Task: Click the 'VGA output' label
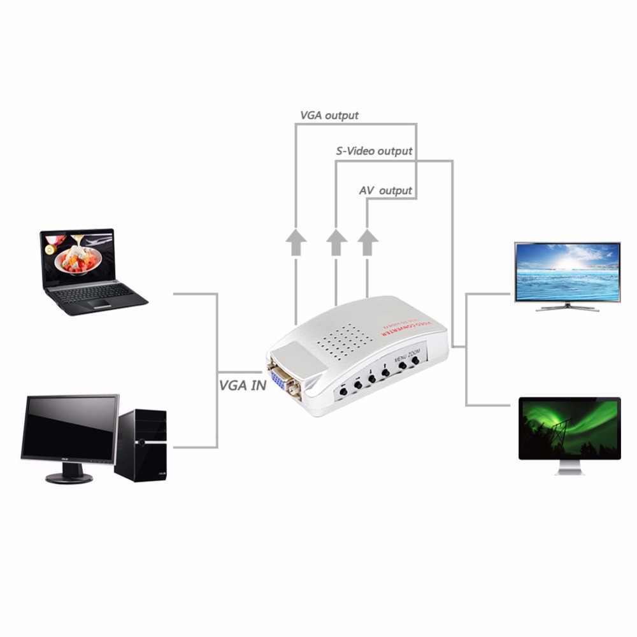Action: [329, 115]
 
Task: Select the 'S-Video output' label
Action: [374, 152]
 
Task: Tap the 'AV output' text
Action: [385, 190]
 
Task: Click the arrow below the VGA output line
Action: [296, 243]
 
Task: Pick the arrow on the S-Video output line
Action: [336, 243]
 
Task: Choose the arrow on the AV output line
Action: [367, 243]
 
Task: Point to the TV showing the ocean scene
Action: [567, 271]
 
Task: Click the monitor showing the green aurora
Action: [569, 427]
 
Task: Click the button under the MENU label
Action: [402, 367]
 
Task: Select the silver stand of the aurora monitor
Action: [569, 468]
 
